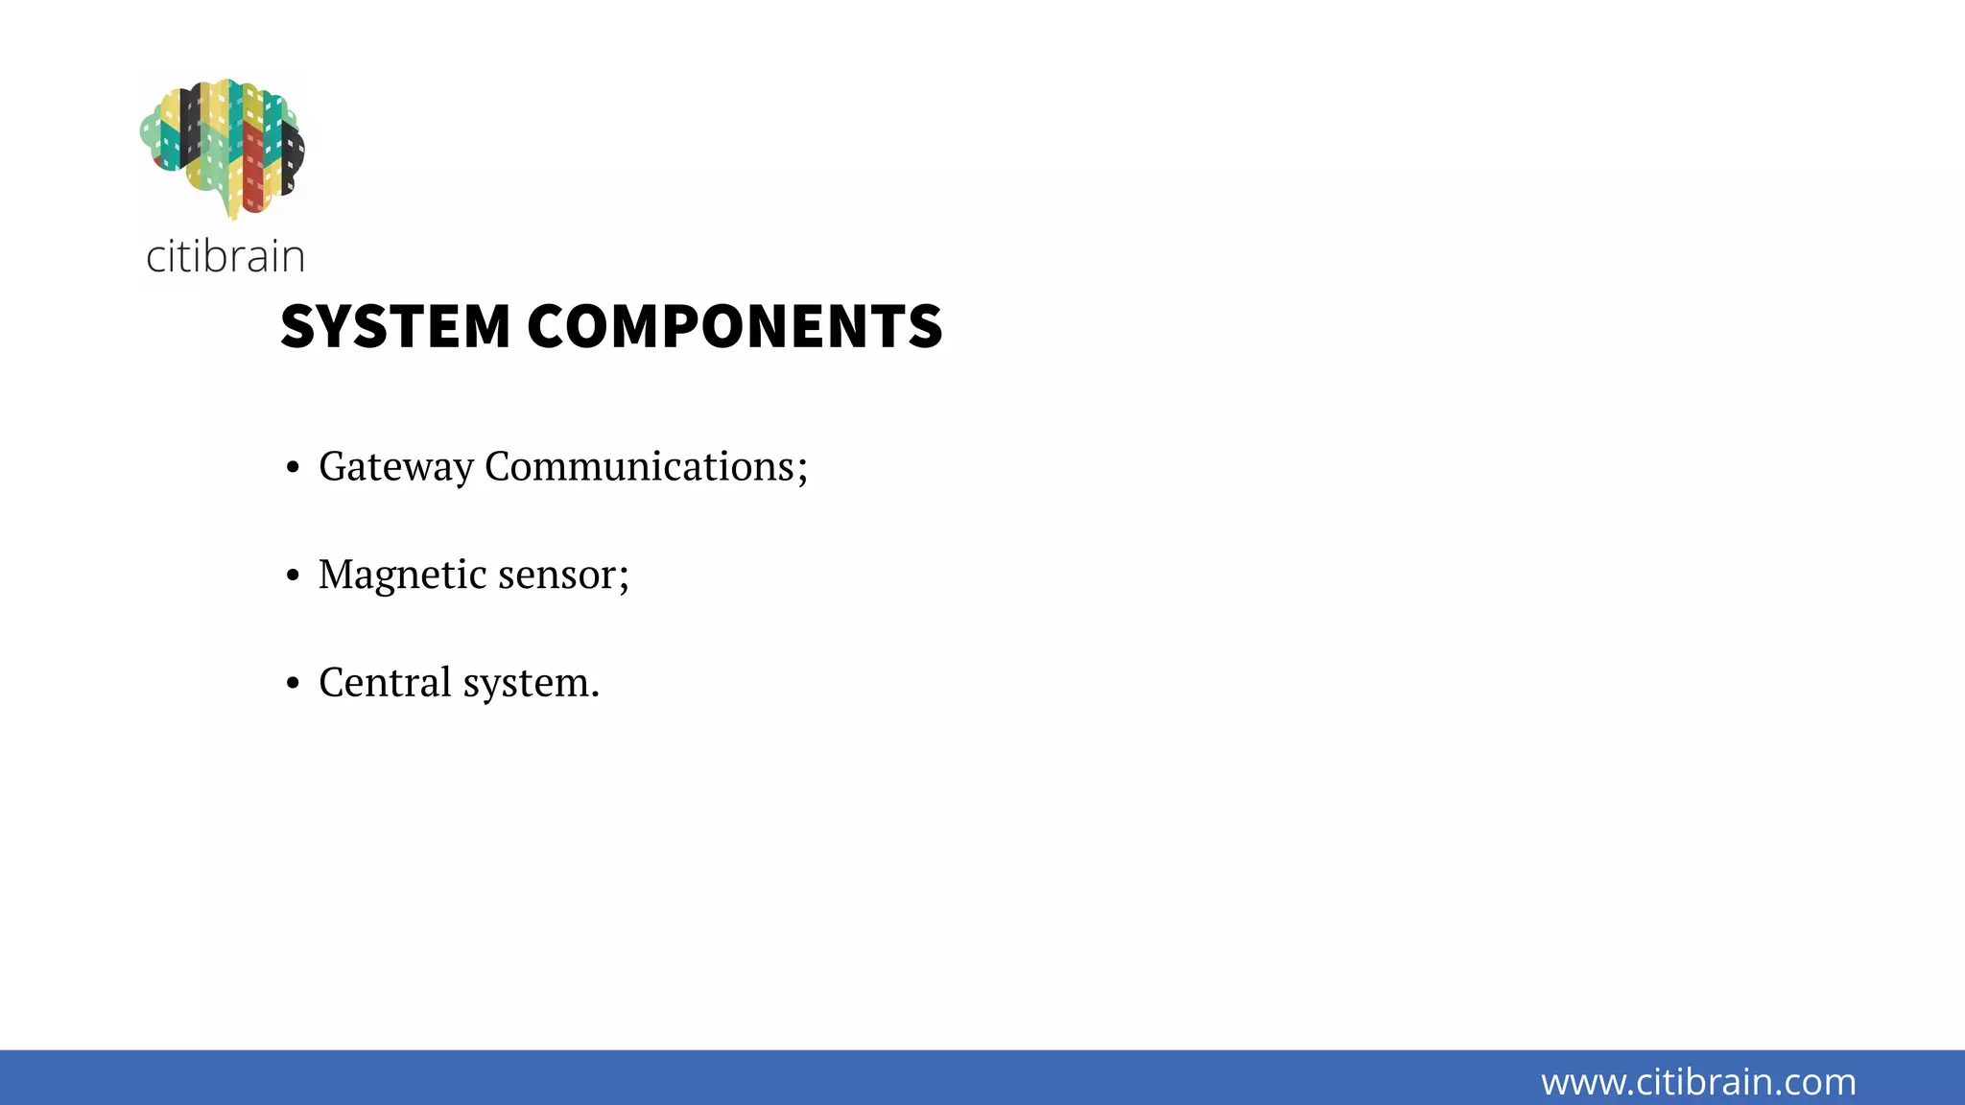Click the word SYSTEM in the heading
[394, 326]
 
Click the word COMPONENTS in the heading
[734, 326]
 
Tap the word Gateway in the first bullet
[396, 467]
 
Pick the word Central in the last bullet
[385, 683]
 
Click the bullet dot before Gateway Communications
[294, 468]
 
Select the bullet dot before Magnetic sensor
[294, 576]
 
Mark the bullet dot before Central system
[294, 684]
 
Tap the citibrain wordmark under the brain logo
[225, 257]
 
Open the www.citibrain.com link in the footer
[1698, 1082]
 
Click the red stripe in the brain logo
[253, 168]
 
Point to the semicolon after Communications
[802, 470]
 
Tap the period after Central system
[595, 694]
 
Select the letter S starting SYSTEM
[298, 326]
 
